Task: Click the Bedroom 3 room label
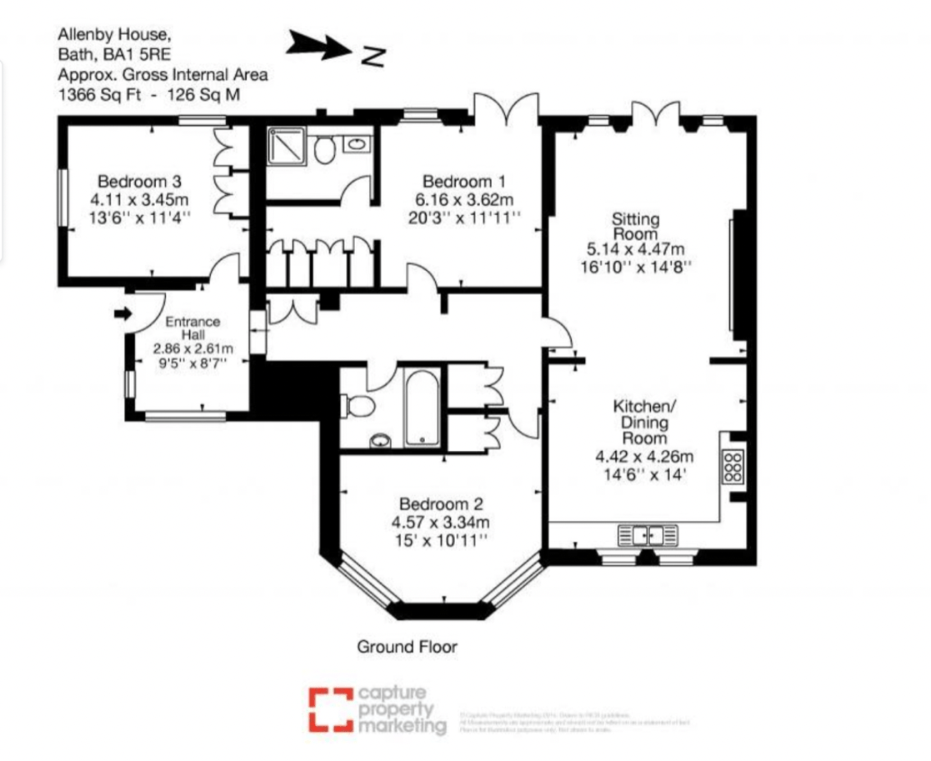click(140, 181)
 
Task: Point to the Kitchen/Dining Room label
click(644, 422)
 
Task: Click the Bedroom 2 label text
click(441, 504)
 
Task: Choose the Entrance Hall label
click(193, 328)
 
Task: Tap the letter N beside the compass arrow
click(374, 55)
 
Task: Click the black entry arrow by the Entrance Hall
click(123, 313)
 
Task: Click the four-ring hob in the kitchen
click(734, 467)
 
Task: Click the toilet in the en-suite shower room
click(324, 150)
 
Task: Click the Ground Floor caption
click(407, 646)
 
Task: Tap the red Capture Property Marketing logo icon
click(329, 708)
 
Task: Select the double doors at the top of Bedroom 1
click(505, 111)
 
